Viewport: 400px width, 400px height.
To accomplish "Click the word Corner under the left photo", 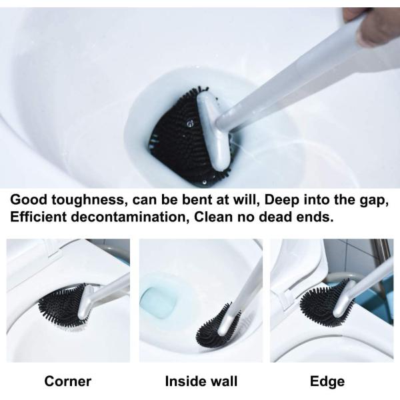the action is pos(67,381).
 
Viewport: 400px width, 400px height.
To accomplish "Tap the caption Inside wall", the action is pos(201,381).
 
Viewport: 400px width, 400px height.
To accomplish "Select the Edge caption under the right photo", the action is pos(327,381).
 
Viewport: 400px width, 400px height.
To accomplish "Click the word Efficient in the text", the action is pos(38,217).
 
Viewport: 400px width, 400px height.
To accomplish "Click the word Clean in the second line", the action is pos(213,217).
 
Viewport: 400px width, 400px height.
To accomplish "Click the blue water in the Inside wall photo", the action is pos(159,302).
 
